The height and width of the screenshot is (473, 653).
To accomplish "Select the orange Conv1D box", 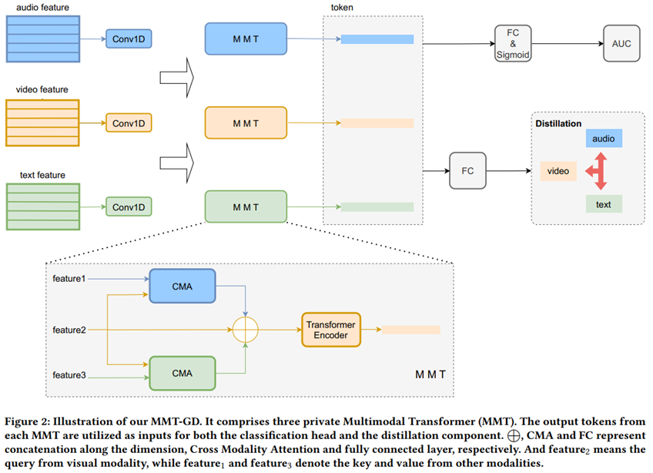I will click(x=129, y=122).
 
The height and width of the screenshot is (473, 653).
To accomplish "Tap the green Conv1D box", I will click(x=129, y=207).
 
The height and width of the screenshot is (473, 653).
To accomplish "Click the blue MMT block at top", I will click(x=246, y=38).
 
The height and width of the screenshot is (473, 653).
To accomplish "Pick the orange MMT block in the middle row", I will click(x=246, y=123).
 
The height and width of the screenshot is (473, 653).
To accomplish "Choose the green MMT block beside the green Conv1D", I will click(x=246, y=207).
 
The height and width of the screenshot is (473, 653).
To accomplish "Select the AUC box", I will click(x=621, y=43).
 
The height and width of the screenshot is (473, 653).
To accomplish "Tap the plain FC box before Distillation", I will click(x=468, y=170).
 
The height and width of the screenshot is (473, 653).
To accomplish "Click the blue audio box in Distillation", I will click(x=604, y=139).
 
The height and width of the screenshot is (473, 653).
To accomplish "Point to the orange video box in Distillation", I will click(x=559, y=171).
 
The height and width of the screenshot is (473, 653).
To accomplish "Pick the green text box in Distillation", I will click(x=604, y=204).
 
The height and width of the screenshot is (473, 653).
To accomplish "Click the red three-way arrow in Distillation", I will click(x=597, y=171).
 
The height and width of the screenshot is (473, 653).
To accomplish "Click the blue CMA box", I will click(x=182, y=286).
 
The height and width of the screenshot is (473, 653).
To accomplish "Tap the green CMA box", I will click(x=182, y=373).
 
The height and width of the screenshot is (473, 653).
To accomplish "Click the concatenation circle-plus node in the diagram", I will click(x=246, y=330).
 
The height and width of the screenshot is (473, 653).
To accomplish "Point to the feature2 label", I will click(x=69, y=330).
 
